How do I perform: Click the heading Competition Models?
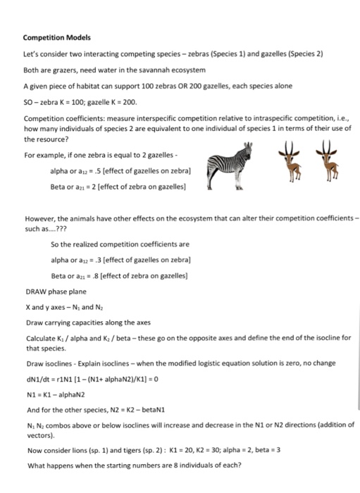point(54,37)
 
